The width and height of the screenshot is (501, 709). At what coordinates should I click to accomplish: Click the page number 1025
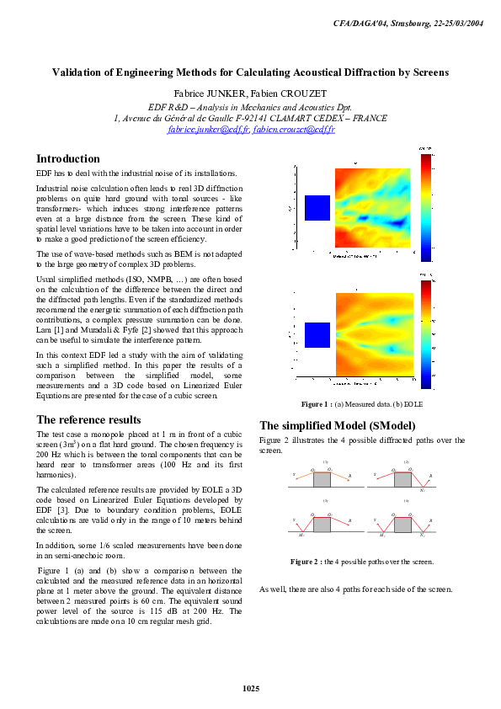[250, 689]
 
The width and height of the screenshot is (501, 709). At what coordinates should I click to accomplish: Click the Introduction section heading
[68, 158]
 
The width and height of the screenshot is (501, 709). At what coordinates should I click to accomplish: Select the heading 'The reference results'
[89, 419]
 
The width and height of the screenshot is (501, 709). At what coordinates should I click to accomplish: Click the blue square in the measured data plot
[317, 208]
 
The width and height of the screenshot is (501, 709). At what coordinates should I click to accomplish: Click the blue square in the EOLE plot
[317, 334]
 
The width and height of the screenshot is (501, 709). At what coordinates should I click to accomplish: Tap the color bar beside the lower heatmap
[426, 334]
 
